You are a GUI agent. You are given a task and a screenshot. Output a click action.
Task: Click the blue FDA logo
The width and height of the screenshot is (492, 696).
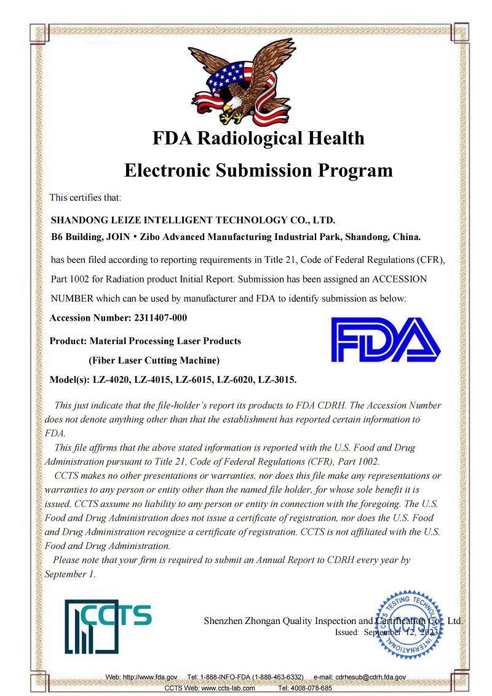coord(386,340)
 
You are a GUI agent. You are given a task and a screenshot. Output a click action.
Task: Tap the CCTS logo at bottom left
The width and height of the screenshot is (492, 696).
coord(108,626)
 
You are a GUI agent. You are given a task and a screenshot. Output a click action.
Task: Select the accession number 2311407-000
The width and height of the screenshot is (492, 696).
coord(160,318)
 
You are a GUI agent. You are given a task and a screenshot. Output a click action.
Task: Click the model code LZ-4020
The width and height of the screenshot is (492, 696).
coord(111,379)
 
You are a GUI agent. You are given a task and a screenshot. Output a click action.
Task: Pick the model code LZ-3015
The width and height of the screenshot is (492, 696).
coord(276,379)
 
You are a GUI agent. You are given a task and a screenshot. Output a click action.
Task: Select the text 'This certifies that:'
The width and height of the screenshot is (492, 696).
coord(85,198)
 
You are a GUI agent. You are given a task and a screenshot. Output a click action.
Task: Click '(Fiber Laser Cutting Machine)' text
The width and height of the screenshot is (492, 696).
coord(154,360)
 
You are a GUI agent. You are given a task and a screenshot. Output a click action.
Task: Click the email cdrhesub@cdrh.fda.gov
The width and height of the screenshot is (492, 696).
coord(370,677)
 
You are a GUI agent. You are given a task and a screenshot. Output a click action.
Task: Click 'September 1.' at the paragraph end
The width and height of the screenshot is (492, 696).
coord(70,574)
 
